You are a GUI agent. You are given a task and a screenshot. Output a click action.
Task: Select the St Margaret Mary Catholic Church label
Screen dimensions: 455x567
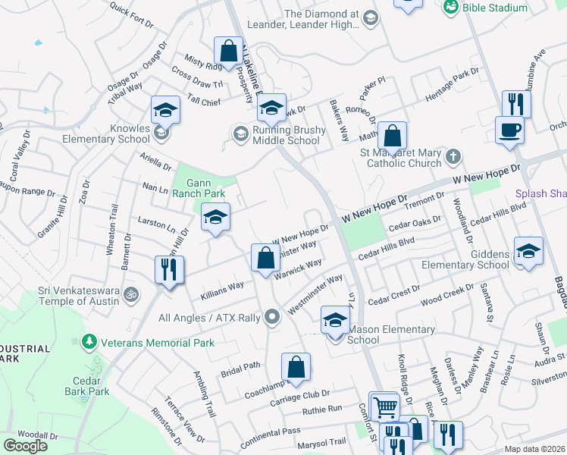click(x=403, y=158)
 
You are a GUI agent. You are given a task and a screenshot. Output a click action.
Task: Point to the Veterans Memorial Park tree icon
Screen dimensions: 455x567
click(x=90, y=341)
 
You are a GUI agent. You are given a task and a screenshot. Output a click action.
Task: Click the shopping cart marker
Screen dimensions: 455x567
click(x=385, y=406)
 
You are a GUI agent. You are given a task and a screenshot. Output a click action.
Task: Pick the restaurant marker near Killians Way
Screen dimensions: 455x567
click(x=168, y=269)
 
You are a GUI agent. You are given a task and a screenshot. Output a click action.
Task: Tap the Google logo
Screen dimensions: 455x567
click(x=26, y=446)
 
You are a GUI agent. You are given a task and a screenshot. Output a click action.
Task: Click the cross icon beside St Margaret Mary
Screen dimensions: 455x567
click(x=453, y=156)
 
